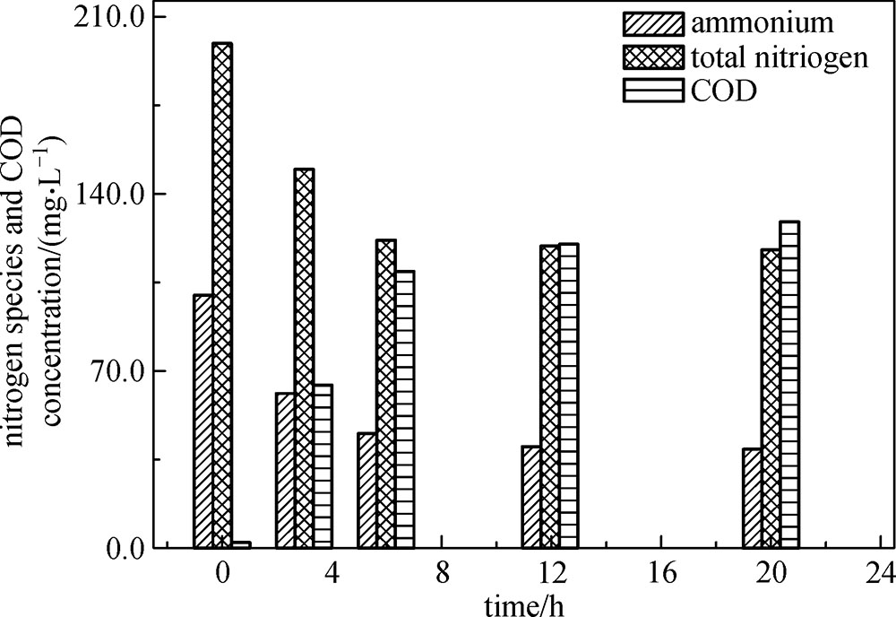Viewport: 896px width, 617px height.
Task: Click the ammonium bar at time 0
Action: [202, 421]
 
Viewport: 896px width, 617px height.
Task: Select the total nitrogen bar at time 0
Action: [221, 295]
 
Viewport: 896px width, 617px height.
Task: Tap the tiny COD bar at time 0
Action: [240, 544]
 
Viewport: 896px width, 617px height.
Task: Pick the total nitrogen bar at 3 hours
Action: [304, 358]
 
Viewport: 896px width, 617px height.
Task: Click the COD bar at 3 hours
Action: [323, 465]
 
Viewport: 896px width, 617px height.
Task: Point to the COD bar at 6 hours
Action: [404, 409]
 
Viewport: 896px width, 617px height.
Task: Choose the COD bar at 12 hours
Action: [568, 395]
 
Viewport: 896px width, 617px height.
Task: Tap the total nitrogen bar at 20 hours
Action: [770, 398]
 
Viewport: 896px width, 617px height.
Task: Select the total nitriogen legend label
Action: [779, 56]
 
